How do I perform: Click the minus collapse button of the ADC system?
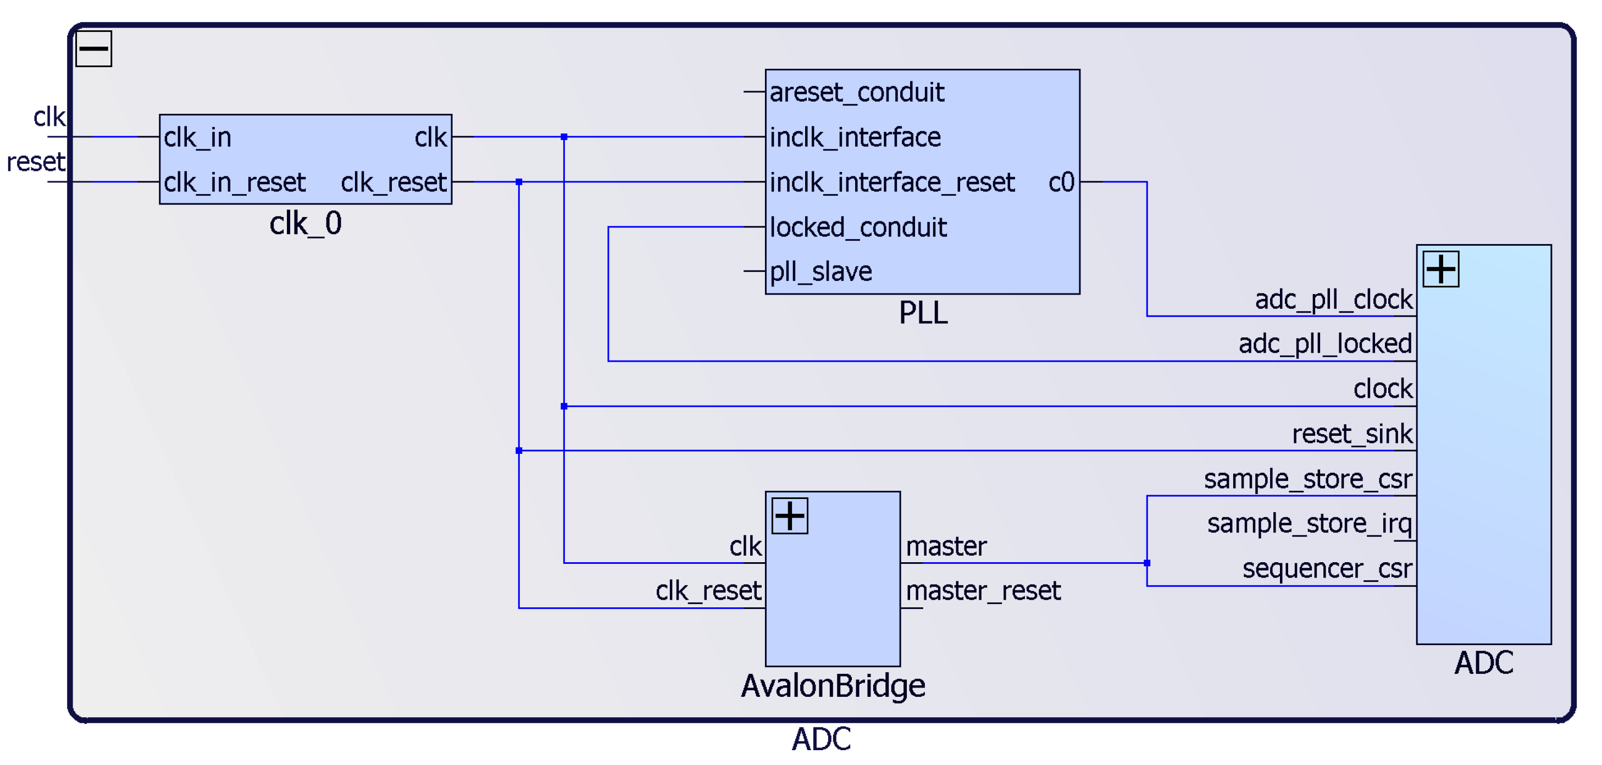tap(93, 48)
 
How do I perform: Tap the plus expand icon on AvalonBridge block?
tap(789, 515)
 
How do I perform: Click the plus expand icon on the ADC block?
tap(1440, 269)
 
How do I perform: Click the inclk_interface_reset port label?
tap(892, 182)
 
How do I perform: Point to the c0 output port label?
tap(1061, 182)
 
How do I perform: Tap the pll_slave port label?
tap(821, 272)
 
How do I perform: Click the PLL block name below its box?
tap(923, 313)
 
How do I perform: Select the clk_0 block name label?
tap(306, 223)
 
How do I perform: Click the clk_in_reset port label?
tap(235, 182)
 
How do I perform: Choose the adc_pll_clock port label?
tap(1333, 300)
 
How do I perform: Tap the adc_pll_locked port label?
tap(1324, 344)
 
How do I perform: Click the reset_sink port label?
tap(1352, 434)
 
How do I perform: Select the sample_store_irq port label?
tap(1309, 524)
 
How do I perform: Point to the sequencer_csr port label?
tap(1327, 568)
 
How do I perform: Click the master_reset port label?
tap(983, 590)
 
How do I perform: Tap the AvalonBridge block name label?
tap(833, 686)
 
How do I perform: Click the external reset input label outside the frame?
tap(36, 162)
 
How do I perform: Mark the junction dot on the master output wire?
tap(1147, 563)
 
